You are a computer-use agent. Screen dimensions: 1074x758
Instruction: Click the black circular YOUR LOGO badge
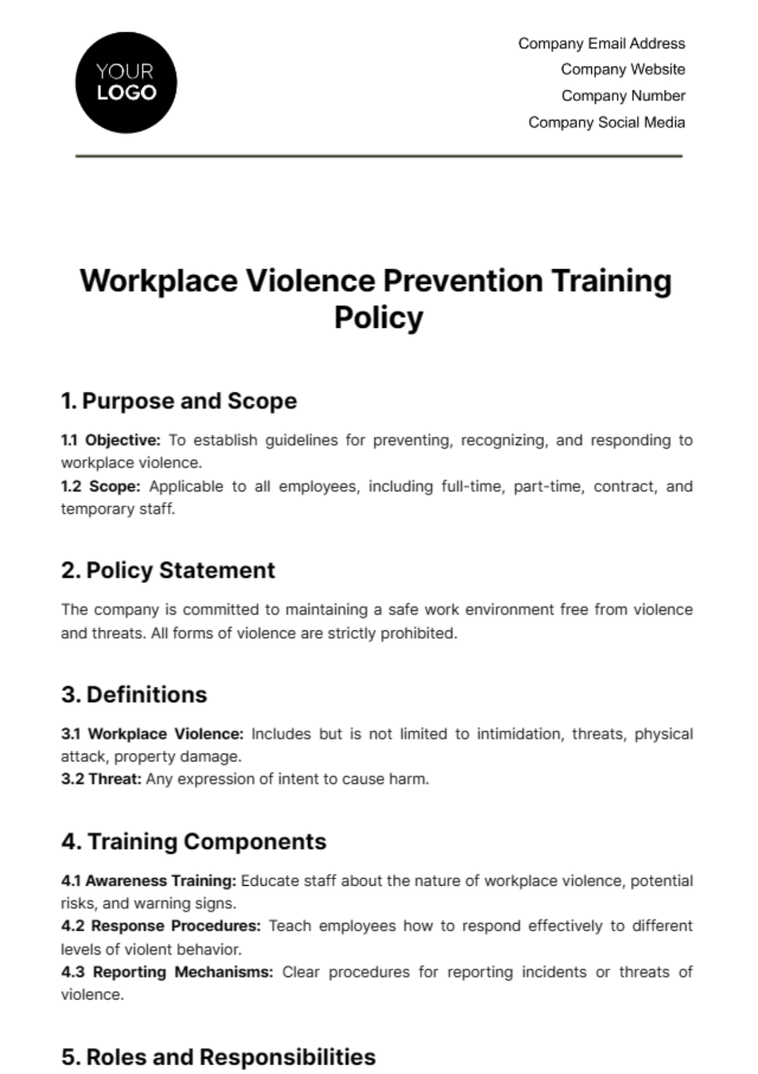coord(126,83)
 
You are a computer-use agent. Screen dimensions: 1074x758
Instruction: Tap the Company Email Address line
coord(601,44)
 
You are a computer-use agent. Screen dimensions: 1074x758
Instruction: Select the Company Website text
coord(622,69)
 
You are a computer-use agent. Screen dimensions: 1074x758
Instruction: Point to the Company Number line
coord(623,96)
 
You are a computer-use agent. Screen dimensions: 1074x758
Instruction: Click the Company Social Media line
coord(606,123)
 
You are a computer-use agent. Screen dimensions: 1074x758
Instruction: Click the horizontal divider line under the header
coord(379,155)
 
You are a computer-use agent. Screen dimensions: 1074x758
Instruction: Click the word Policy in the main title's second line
coord(378,317)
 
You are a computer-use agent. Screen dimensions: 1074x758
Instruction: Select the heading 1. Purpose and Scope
coord(179,401)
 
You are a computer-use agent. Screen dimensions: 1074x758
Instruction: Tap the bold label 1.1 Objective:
coord(111,440)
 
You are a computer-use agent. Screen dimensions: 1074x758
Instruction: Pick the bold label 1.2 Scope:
coord(100,486)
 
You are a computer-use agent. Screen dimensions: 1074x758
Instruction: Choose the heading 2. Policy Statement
coord(168,570)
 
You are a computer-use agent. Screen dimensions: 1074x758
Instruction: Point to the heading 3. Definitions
coord(134,695)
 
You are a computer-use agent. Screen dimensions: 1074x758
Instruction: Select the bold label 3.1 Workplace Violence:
coord(152,734)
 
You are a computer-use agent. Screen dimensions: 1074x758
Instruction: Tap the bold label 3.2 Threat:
coord(101,779)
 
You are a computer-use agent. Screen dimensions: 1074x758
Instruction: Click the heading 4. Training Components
coord(194,842)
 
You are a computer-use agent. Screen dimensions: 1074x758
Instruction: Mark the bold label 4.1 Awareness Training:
coord(148,881)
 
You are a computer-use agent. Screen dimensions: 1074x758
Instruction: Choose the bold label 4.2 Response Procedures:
coord(160,926)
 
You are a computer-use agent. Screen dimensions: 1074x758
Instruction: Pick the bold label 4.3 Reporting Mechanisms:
coord(167,972)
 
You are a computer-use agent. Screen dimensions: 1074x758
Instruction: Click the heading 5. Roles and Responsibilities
coord(218,1057)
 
